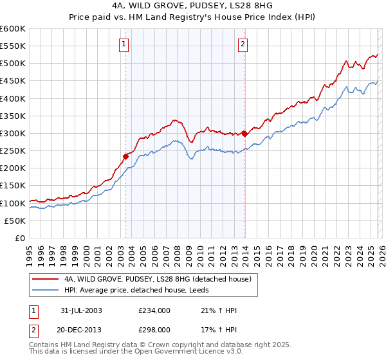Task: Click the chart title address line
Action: pos(192,6)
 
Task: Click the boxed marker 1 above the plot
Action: pos(124,44)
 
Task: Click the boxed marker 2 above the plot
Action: pos(243,44)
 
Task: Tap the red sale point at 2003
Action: pos(126,156)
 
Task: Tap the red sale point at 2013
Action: pos(244,134)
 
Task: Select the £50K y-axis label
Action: pos(15,221)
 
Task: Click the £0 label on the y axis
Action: pos(21,238)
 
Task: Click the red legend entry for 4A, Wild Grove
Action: pos(161,279)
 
